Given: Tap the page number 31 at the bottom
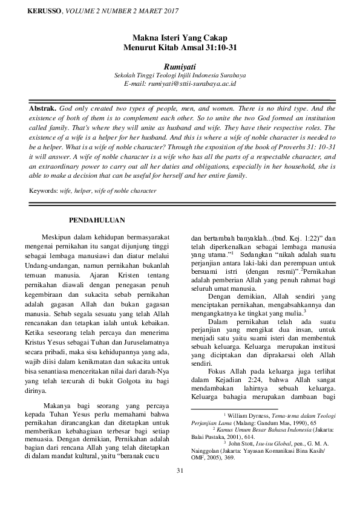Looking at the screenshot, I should (180, 487).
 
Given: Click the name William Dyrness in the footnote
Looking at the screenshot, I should (249, 416).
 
